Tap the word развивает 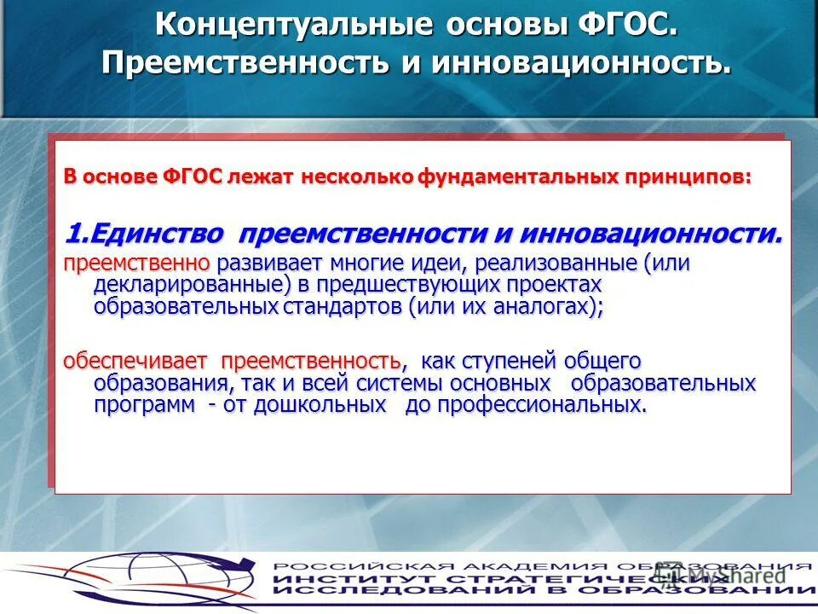262,264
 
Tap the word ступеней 514,360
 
